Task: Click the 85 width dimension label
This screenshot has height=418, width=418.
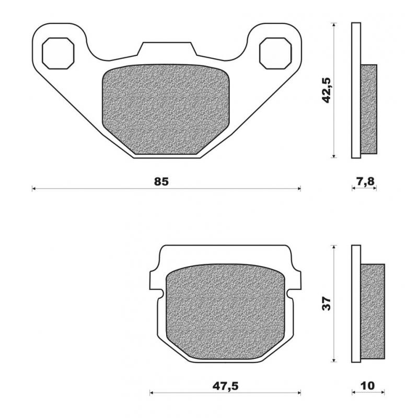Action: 161,182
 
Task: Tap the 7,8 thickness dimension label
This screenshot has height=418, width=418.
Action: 364,182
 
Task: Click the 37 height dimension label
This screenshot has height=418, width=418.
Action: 327,304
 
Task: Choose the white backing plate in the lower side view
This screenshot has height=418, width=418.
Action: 356,304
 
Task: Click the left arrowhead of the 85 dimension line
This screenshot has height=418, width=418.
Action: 33,188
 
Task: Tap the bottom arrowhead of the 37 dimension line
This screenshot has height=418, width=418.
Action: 333,360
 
